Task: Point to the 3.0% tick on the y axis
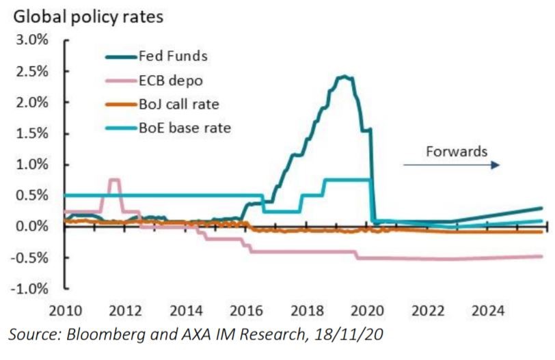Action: click(x=31, y=40)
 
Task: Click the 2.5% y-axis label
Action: click(x=31, y=71)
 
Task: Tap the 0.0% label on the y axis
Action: click(x=31, y=226)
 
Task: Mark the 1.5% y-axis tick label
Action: click(x=31, y=133)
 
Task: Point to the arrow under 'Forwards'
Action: click(x=451, y=165)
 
